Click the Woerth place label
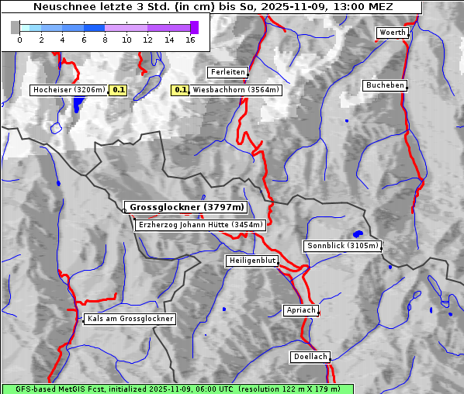tap(391, 33)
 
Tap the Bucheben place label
tap(385, 85)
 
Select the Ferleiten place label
tap(227, 72)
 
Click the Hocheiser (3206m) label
tap(68, 90)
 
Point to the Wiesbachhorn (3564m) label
tap(236, 90)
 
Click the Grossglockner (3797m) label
tap(186, 208)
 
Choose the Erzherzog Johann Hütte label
tap(200, 225)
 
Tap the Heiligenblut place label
tap(252, 261)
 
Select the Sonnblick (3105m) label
tap(342, 246)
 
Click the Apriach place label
tap(300, 310)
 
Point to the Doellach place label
tap(310, 357)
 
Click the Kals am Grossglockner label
tap(130, 319)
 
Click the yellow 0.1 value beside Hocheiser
tap(118, 90)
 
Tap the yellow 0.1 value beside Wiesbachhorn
tap(180, 90)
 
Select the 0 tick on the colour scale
tap(19, 39)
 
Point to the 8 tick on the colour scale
tap(105, 39)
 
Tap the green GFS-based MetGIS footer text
tap(178, 389)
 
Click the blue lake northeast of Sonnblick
tap(358, 233)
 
